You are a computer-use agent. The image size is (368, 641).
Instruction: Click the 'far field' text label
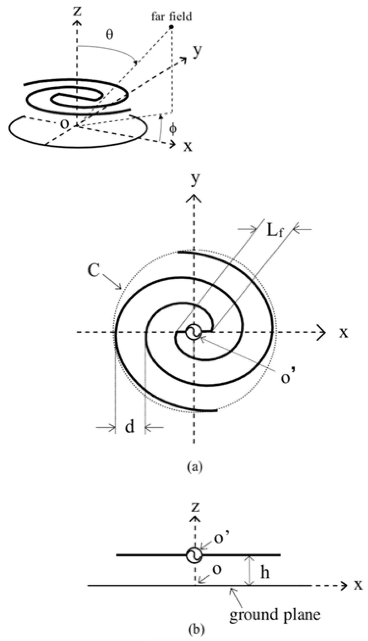click(172, 17)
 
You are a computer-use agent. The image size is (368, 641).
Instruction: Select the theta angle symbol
click(109, 35)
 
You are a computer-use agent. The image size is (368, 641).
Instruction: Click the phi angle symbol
click(173, 128)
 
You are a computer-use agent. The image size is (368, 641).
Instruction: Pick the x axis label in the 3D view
click(187, 146)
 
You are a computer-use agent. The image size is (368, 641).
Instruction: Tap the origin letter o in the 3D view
click(65, 124)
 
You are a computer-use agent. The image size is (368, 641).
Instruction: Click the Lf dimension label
click(275, 231)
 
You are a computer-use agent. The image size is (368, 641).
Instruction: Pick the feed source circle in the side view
click(194, 555)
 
